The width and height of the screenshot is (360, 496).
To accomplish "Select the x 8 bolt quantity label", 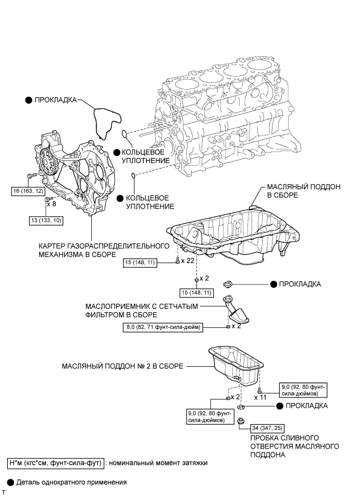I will coord(52,204).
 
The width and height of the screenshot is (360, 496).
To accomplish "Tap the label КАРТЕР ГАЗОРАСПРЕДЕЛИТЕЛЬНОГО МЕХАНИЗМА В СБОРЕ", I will coord(104,250).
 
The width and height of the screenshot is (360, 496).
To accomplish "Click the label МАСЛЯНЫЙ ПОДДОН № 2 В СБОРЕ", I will coord(123,366).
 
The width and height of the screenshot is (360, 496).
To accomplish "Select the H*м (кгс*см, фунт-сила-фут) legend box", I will coord(54,463).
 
